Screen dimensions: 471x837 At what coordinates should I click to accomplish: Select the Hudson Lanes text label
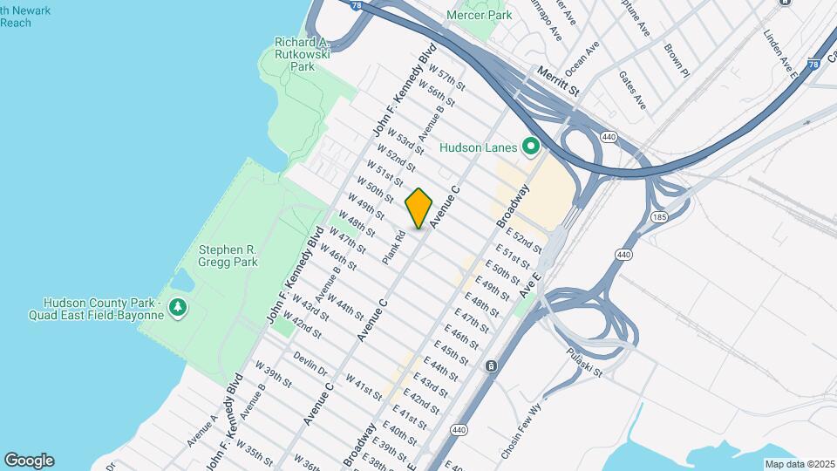(479, 147)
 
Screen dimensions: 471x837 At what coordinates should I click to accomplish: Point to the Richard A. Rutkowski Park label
(302, 54)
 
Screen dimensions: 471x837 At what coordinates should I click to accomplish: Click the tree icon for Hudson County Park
(178, 307)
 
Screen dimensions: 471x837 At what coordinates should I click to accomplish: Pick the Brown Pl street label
(677, 60)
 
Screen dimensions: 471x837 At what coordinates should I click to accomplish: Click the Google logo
(29, 460)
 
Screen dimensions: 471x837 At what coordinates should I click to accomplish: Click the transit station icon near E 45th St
(492, 365)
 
